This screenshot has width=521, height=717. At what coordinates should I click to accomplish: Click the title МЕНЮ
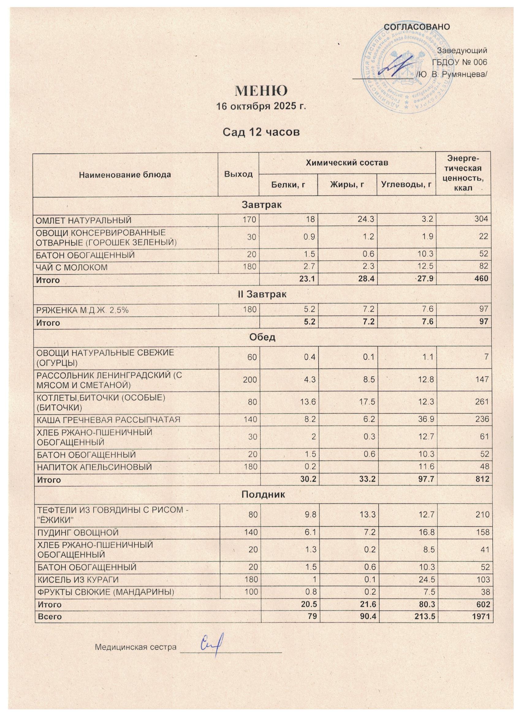click(261, 91)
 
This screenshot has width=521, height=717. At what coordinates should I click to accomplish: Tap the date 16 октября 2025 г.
click(261, 106)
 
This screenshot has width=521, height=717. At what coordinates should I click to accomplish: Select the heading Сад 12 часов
click(261, 132)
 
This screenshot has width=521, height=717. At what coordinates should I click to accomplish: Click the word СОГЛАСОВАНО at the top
click(417, 27)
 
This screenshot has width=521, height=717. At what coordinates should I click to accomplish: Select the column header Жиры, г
click(347, 184)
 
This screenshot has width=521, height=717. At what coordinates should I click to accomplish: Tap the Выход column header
click(238, 174)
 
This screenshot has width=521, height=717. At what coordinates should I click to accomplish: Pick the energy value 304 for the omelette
click(482, 219)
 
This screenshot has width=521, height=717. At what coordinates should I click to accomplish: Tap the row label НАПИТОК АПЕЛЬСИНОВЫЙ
click(94, 467)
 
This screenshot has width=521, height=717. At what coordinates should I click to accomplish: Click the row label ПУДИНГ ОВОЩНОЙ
click(78, 533)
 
